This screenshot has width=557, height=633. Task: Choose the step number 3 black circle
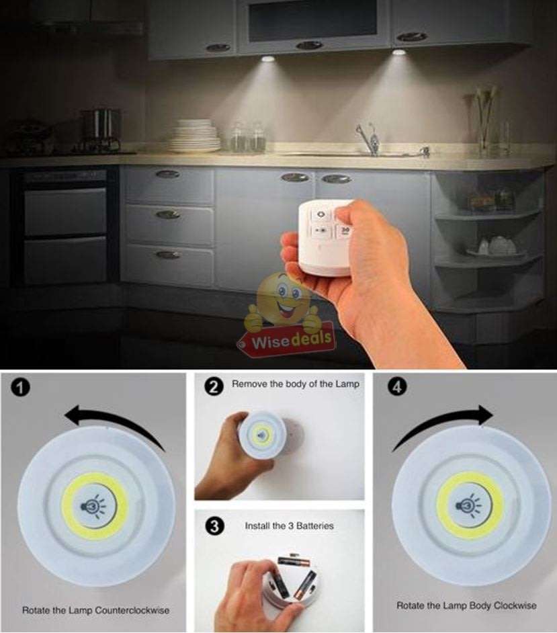pyautogui.click(x=214, y=526)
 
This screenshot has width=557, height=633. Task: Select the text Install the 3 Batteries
pyautogui.click(x=289, y=525)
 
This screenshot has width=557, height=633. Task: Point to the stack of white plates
pyautogui.click(x=195, y=136)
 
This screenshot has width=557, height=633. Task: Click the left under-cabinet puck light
pyautogui.click(x=267, y=59)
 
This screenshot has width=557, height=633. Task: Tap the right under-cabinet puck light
pyautogui.click(x=399, y=52)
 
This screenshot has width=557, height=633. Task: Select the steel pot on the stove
pyautogui.click(x=100, y=128)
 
